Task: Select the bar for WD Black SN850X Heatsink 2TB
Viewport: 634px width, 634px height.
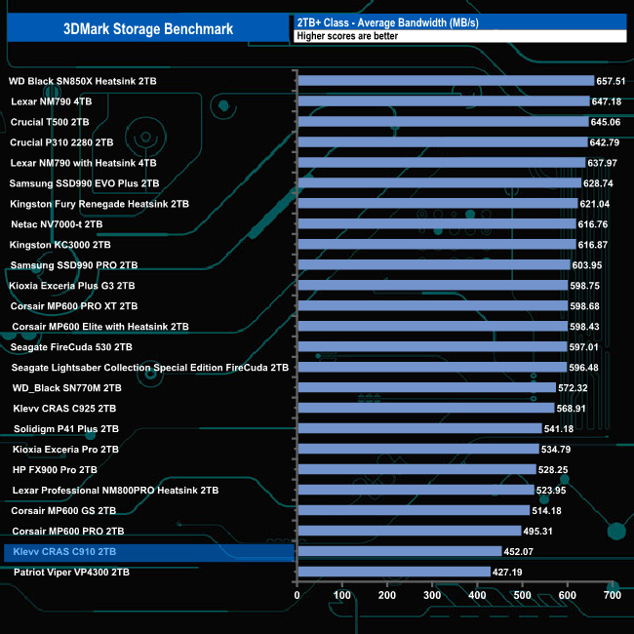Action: tap(445, 81)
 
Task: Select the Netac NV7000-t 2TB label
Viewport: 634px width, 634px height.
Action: tap(56, 224)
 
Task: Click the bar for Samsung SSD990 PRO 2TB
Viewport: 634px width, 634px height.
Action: tap(433, 265)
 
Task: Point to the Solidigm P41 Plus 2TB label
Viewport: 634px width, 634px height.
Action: tap(66, 429)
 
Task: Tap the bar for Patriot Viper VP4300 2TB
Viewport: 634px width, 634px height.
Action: tap(393, 573)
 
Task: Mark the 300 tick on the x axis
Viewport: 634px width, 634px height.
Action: tap(432, 594)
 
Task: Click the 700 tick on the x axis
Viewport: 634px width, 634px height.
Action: tap(612, 594)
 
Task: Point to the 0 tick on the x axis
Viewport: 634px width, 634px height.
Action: tap(297, 594)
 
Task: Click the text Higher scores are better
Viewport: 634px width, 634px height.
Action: tap(340, 36)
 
